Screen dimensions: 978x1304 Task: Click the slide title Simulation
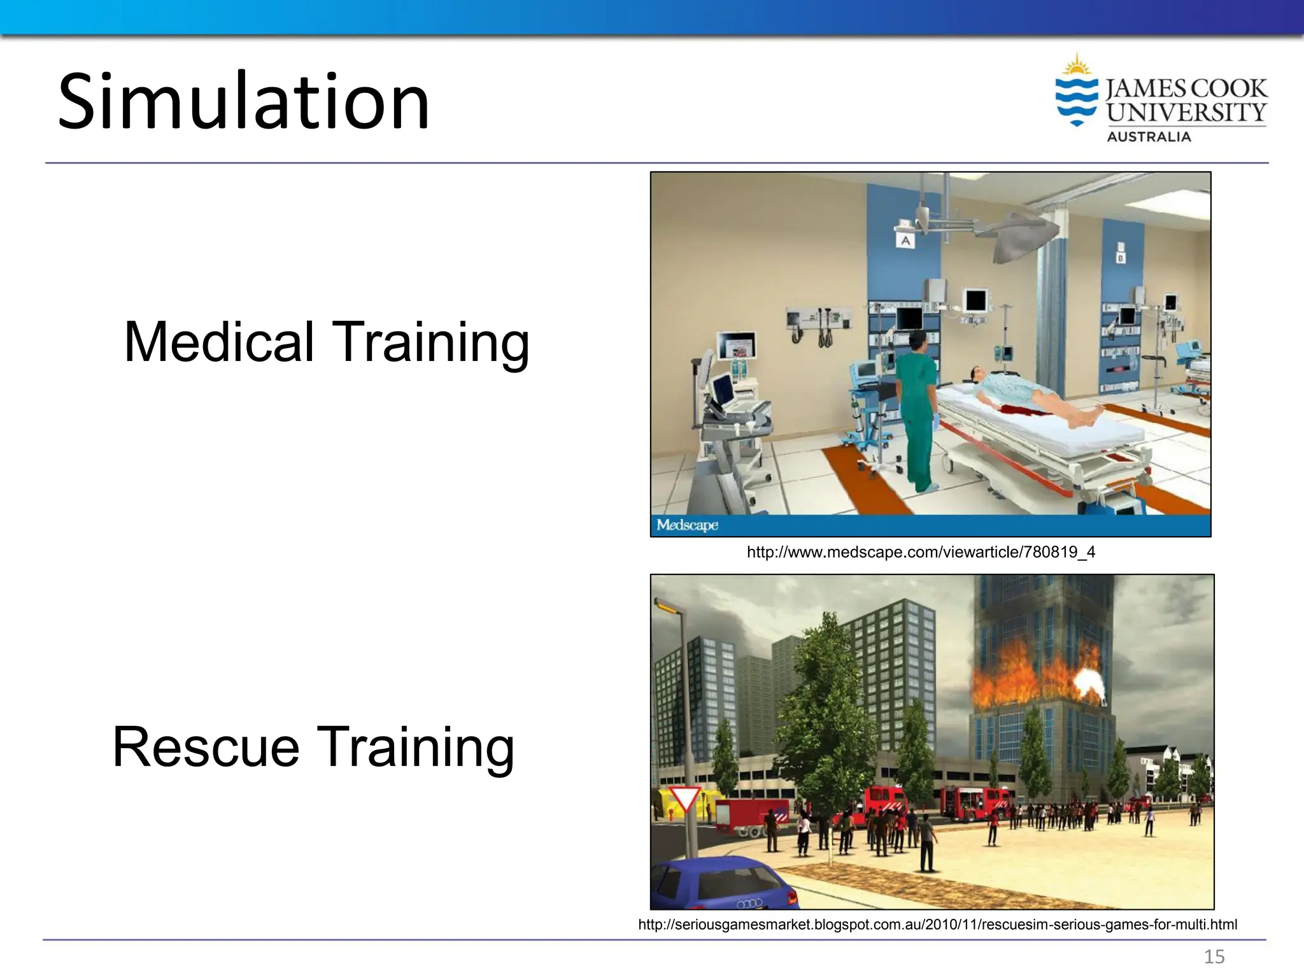[x=244, y=102]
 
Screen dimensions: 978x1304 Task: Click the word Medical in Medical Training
[x=218, y=343]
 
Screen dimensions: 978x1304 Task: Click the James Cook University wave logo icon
[x=1076, y=96]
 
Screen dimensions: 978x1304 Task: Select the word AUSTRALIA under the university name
[x=1149, y=137]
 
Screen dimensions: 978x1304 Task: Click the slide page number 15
[x=1214, y=956]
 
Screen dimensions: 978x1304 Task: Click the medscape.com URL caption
[x=921, y=552]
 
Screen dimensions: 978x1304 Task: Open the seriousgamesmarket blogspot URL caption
[x=937, y=925]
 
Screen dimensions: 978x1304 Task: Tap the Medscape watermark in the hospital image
[x=687, y=525]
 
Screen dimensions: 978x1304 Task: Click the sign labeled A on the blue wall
[x=905, y=241]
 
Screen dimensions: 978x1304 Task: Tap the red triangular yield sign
[x=685, y=799]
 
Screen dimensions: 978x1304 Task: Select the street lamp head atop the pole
[x=666, y=607]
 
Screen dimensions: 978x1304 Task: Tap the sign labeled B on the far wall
[x=1121, y=257]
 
